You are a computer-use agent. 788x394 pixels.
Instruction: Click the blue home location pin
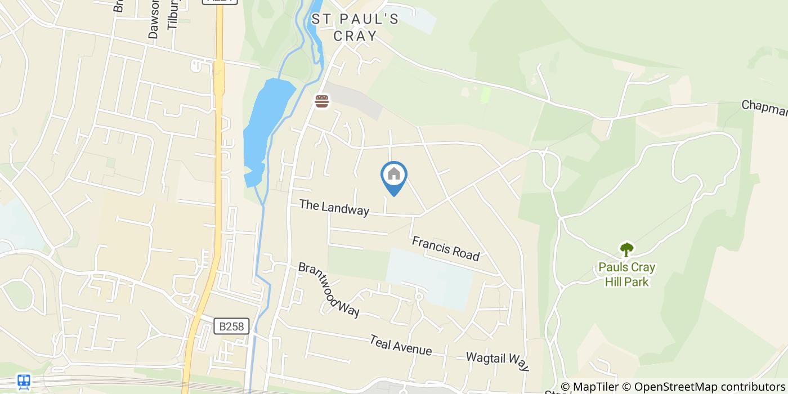[394, 176]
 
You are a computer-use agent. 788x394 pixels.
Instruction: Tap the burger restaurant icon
[321, 101]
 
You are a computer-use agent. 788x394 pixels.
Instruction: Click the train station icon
[24, 381]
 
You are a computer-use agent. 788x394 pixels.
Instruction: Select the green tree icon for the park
[626, 249]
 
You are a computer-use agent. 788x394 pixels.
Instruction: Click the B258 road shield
[231, 326]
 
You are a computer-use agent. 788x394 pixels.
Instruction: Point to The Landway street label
[334, 207]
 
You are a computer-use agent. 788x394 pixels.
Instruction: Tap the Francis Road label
[445, 248]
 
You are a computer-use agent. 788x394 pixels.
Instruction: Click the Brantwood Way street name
[329, 290]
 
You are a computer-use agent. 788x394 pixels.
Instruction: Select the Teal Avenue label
[401, 346]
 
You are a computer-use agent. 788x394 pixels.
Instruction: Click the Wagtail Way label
[498, 362]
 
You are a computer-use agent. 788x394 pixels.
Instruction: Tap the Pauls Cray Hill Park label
[626, 274]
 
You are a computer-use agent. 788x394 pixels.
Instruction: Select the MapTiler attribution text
[596, 387]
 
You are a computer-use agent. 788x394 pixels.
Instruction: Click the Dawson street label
[153, 20]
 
